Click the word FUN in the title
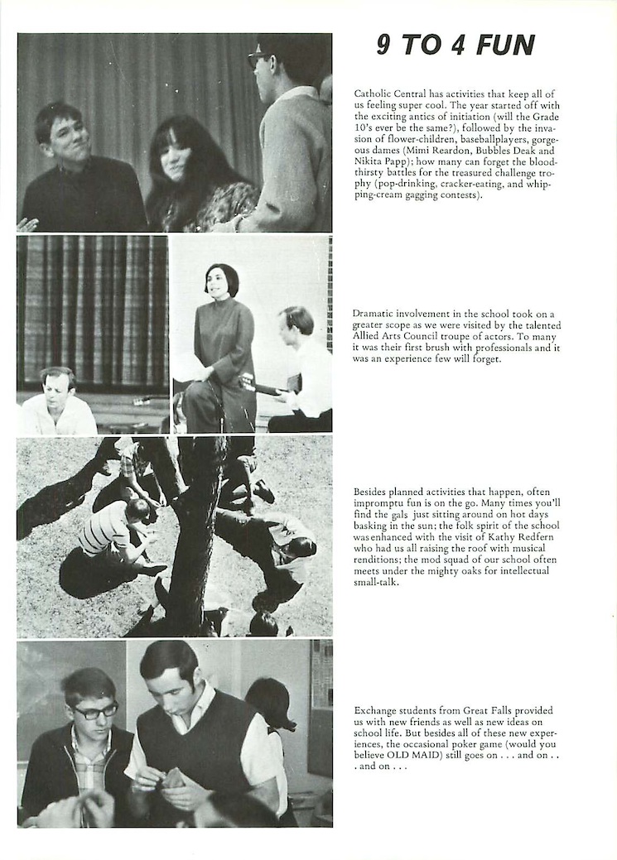[506, 46]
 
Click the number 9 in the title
[384, 46]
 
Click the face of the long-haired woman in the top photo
[175, 157]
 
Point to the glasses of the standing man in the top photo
[258, 58]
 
